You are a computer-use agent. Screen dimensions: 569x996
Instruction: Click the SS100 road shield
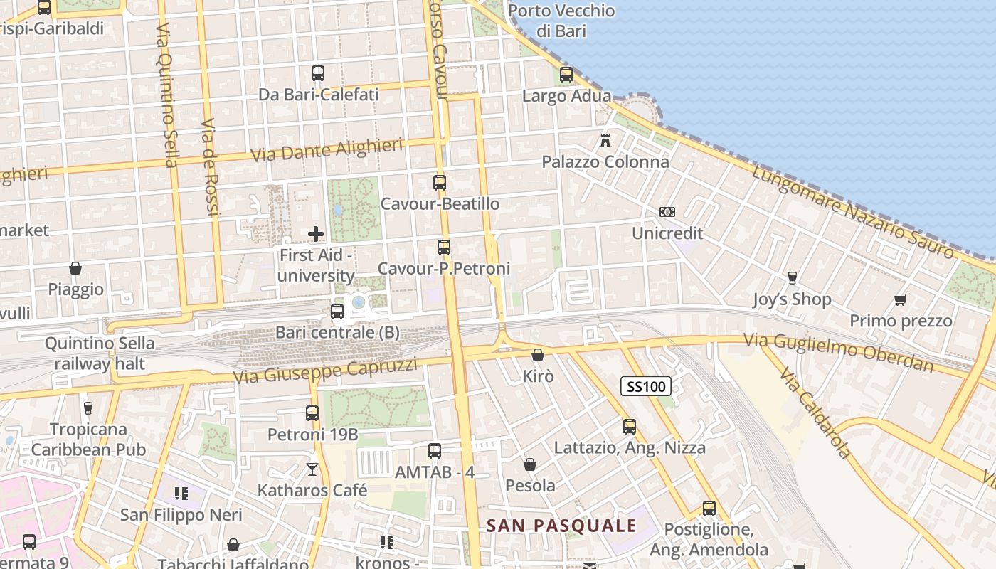pyautogui.click(x=646, y=386)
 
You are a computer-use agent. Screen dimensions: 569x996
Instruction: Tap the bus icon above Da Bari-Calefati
pyautogui.click(x=318, y=73)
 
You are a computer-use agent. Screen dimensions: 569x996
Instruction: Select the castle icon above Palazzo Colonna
pyautogui.click(x=605, y=140)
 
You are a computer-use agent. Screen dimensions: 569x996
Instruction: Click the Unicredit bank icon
pyautogui.click(x=667, y=211)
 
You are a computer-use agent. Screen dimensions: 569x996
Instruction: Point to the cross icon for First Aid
pyautogui.click(x=316, y=233)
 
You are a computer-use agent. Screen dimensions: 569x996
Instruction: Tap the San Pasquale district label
pyautogui.click(x=561, y=526)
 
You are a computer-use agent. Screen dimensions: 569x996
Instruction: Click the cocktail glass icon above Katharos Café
pyautogui.click(x=312, y=469)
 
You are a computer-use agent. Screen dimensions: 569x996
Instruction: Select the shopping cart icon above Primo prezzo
pyautogui.click(x=901, y=299)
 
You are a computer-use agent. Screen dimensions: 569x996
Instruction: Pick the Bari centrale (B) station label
pyautogui.click(x=337, y=332)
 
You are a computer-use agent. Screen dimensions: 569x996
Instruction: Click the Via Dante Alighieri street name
pyautogui.click(x=327, y=151)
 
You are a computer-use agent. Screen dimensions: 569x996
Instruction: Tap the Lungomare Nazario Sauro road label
pyautogui.click(x=853, y=211)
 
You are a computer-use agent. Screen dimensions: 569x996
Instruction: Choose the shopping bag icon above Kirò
pyautogui.click(x=538, y=354)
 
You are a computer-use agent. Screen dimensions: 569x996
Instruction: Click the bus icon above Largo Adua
pyautogui.click(x=566, y=74)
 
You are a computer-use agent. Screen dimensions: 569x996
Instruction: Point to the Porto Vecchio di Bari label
pyautogui.click(x=561, y=21)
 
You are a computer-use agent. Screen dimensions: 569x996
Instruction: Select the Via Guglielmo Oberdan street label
pyautogui.click(x=839, y=352)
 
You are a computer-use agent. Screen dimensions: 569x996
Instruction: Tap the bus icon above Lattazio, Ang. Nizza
pyautogui.click(x=630, y=426)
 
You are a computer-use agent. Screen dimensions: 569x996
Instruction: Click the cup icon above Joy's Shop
pyautogui.click(x=792, y=277)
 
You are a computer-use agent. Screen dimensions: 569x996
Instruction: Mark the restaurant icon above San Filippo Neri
pyautogui.click(x=181, y=493)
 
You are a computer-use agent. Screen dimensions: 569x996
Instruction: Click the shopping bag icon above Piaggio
pyautogui.click(x=75, y=268)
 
